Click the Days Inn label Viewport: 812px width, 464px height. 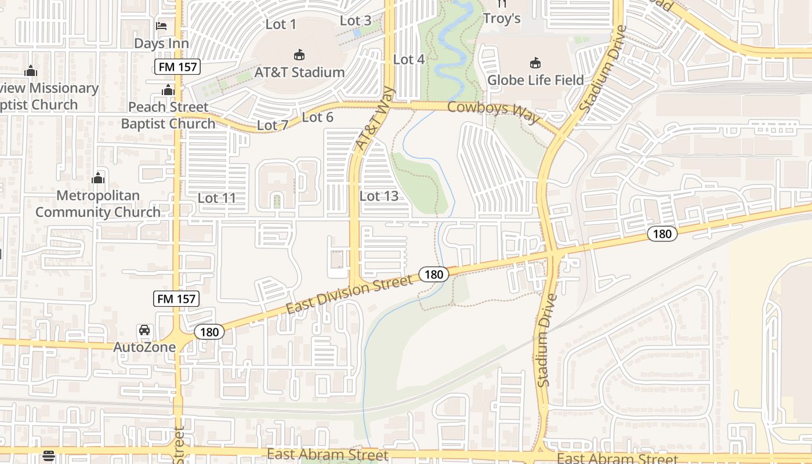[x=161, y=43]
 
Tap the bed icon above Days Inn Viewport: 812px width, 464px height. [x=161, y=26]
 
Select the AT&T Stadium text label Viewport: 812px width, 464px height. [x=299, y=72]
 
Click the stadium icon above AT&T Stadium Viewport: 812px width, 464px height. [x=299, y=55]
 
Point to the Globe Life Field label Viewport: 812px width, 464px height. [x=535, y=80]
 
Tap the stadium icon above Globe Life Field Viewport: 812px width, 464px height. [x=535, y=63]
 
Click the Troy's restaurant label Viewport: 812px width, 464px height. [x=502, y=19]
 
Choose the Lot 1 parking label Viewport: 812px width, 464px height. [x=281, y=24]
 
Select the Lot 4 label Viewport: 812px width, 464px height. [x=409, y=59]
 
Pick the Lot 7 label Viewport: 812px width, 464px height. [x=272, y=125]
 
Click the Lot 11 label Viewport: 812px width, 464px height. [x=217, y=198]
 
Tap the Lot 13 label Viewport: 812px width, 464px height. [x=379, y=196]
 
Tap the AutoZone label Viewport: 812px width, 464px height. [x=144, y=347]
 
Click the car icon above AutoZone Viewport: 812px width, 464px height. [x=144, y=330]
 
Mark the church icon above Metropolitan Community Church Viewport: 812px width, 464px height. [x=98, y=178]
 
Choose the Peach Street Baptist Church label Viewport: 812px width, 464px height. [x=168, y=115]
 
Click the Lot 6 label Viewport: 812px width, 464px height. [x=318, y=117]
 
